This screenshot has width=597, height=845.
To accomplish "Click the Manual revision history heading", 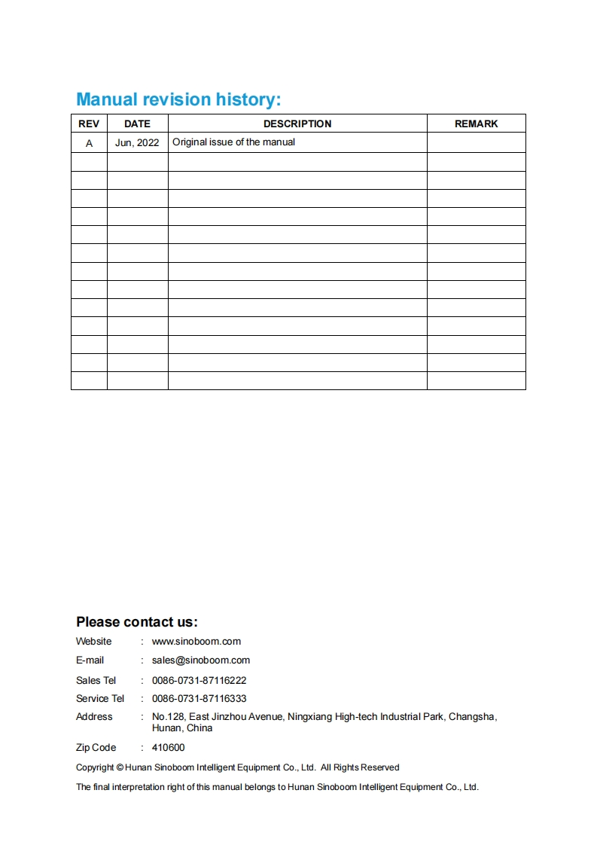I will [x=178, y=99].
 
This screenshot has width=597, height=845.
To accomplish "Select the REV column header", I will [x=89, y=124].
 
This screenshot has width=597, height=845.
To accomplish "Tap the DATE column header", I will [x=137, y=124].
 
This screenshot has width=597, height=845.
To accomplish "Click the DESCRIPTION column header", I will [x=297, y=124].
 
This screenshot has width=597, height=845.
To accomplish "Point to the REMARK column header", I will [x=476, y=124].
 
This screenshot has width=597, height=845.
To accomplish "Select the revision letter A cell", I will [x=89, y=142].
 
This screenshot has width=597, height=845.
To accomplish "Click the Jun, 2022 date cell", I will [x=137, y=142].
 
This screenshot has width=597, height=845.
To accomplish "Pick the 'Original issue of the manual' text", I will [x=233, y=142].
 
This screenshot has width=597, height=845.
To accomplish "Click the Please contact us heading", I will [x=136, y=622].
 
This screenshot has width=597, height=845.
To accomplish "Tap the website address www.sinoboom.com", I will [x=196, y=642].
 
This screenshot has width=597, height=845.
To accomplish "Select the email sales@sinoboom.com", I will [x=201, y=660].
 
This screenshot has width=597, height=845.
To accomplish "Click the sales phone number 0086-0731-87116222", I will [x=200, y=680].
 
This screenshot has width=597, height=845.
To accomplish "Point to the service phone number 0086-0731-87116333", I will [x=200, y=699].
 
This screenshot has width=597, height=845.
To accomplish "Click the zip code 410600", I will [x=168, y=748].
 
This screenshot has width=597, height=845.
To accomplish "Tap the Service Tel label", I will [x=100, y=699].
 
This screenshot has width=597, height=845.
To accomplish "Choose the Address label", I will [x=94, y=717].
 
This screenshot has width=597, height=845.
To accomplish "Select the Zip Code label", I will [x=96, y=748].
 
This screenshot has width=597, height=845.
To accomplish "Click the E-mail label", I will [x=90, y=660].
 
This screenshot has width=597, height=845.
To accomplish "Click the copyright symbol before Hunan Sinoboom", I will [x=120, y=767].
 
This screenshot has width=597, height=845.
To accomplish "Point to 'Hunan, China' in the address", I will [x=182, y=728].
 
